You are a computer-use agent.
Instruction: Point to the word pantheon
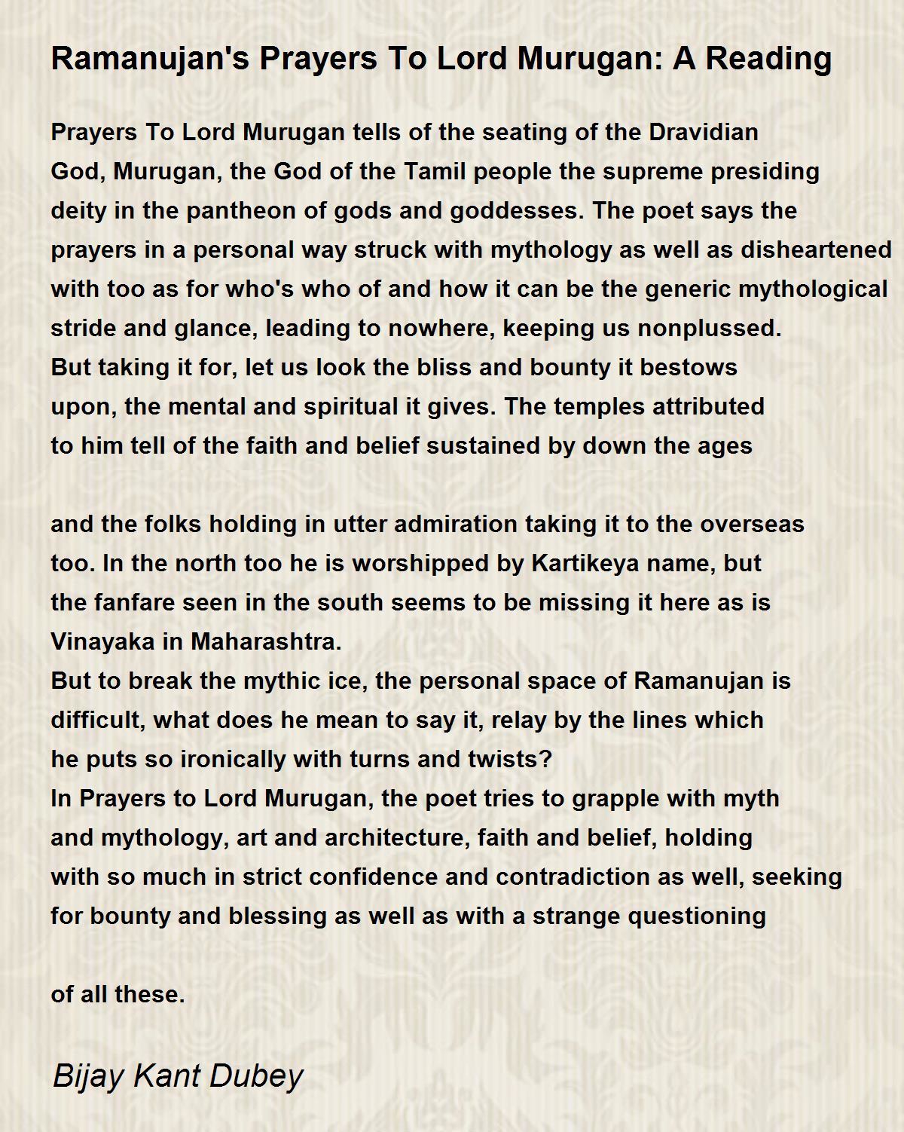coord(244,211)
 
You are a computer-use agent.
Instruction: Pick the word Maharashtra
coord(266,642)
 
